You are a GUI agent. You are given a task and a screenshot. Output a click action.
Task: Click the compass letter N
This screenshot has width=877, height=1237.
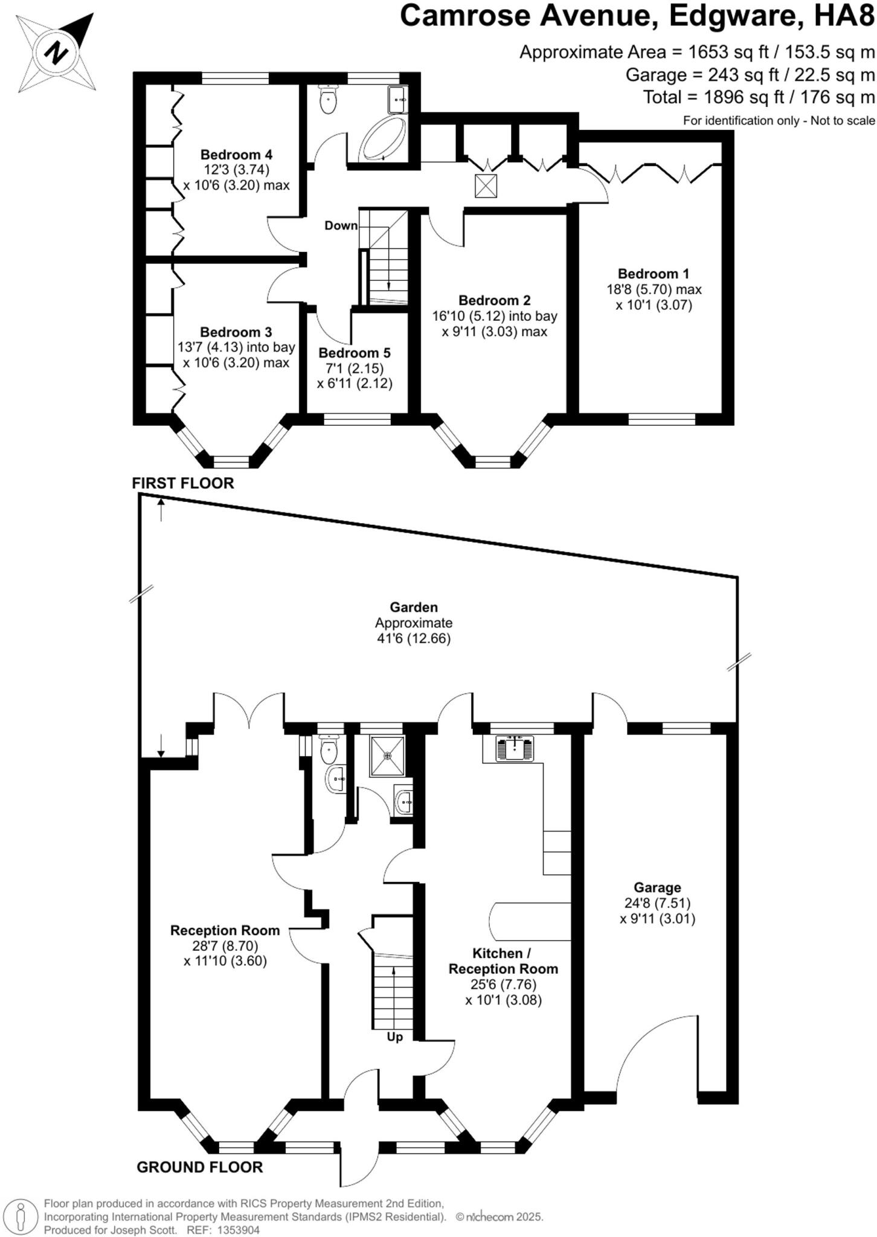56,52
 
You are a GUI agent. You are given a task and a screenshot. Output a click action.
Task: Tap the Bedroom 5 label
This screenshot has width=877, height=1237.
355,353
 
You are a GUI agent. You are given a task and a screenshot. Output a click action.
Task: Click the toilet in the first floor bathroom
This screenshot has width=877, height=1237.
328,100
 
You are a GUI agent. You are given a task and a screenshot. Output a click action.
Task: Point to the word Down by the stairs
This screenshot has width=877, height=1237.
341,226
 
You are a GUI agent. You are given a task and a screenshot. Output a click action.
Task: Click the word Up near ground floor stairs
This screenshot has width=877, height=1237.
394,1037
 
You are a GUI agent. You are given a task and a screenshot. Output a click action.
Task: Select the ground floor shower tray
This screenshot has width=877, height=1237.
387,755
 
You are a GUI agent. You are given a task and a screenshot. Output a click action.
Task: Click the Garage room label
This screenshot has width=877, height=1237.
657,887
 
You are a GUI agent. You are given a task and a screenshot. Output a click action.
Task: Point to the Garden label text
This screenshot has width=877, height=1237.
413,607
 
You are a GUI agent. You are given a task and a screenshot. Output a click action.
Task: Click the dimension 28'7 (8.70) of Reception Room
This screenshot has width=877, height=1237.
225,946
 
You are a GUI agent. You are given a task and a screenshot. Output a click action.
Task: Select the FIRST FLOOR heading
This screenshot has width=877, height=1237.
182,483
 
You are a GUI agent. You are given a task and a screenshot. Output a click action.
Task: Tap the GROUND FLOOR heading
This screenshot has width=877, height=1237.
199,1167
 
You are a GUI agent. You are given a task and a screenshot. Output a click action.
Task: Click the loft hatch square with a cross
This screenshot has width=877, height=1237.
486,186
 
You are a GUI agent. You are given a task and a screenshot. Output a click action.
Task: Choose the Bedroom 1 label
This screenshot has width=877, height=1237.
654,274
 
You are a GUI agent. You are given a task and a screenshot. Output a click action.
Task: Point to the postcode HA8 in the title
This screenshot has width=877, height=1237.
844,16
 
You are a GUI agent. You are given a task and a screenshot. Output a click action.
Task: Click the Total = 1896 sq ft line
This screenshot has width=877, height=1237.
759,97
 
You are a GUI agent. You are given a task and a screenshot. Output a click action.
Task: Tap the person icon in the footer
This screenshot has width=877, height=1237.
21,1215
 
